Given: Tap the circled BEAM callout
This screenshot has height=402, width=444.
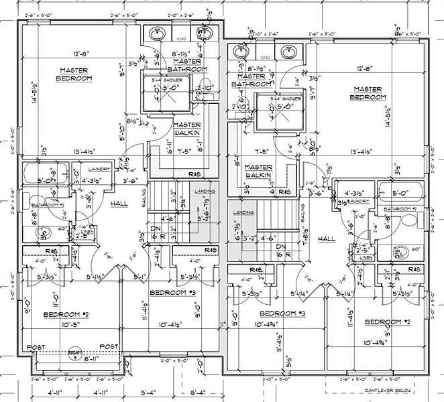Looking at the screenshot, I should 75,352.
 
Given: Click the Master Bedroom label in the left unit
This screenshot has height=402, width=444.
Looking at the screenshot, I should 75,74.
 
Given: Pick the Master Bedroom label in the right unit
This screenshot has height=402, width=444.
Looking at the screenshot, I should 369,93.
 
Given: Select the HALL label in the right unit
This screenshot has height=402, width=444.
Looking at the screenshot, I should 327,239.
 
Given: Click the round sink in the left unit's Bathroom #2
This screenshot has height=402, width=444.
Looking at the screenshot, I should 44,232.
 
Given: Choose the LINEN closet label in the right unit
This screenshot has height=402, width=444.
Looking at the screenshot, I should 366,257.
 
